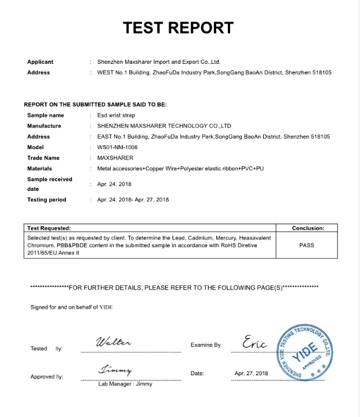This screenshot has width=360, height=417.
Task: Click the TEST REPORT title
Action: click(179, 27)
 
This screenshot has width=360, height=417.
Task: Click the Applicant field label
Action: click(40, 62)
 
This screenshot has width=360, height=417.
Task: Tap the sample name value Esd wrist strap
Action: click(116, 115)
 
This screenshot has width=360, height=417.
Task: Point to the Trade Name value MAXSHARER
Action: click(115, 158)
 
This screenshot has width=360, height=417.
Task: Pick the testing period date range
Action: click(133, 200)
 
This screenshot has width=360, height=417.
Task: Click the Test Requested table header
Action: click(49, 229)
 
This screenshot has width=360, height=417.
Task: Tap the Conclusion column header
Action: click(307, 229)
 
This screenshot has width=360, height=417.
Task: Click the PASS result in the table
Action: click(307, 245)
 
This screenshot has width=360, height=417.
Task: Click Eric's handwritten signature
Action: click(255, 342)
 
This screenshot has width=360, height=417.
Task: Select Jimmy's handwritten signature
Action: click(116, 369)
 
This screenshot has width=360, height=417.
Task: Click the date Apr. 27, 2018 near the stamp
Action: click(252, 374)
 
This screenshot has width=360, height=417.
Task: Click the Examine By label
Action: click(206, 345)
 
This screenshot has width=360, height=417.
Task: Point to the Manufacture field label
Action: click(44, 126)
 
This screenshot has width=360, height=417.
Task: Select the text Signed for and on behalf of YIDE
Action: click(71, 307)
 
